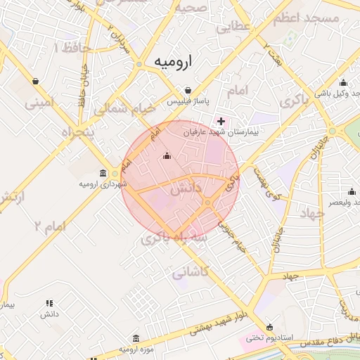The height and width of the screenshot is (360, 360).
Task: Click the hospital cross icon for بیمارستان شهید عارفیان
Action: click(221, 121)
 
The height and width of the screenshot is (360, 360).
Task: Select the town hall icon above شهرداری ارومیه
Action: click(103, 173)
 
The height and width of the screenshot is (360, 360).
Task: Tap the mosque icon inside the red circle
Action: click(167, 156)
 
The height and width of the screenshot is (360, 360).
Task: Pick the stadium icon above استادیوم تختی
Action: click(270, 326)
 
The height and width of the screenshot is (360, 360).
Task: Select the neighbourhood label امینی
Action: click(39, 104)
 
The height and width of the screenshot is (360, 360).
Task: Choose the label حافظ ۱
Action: click(66, 48)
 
